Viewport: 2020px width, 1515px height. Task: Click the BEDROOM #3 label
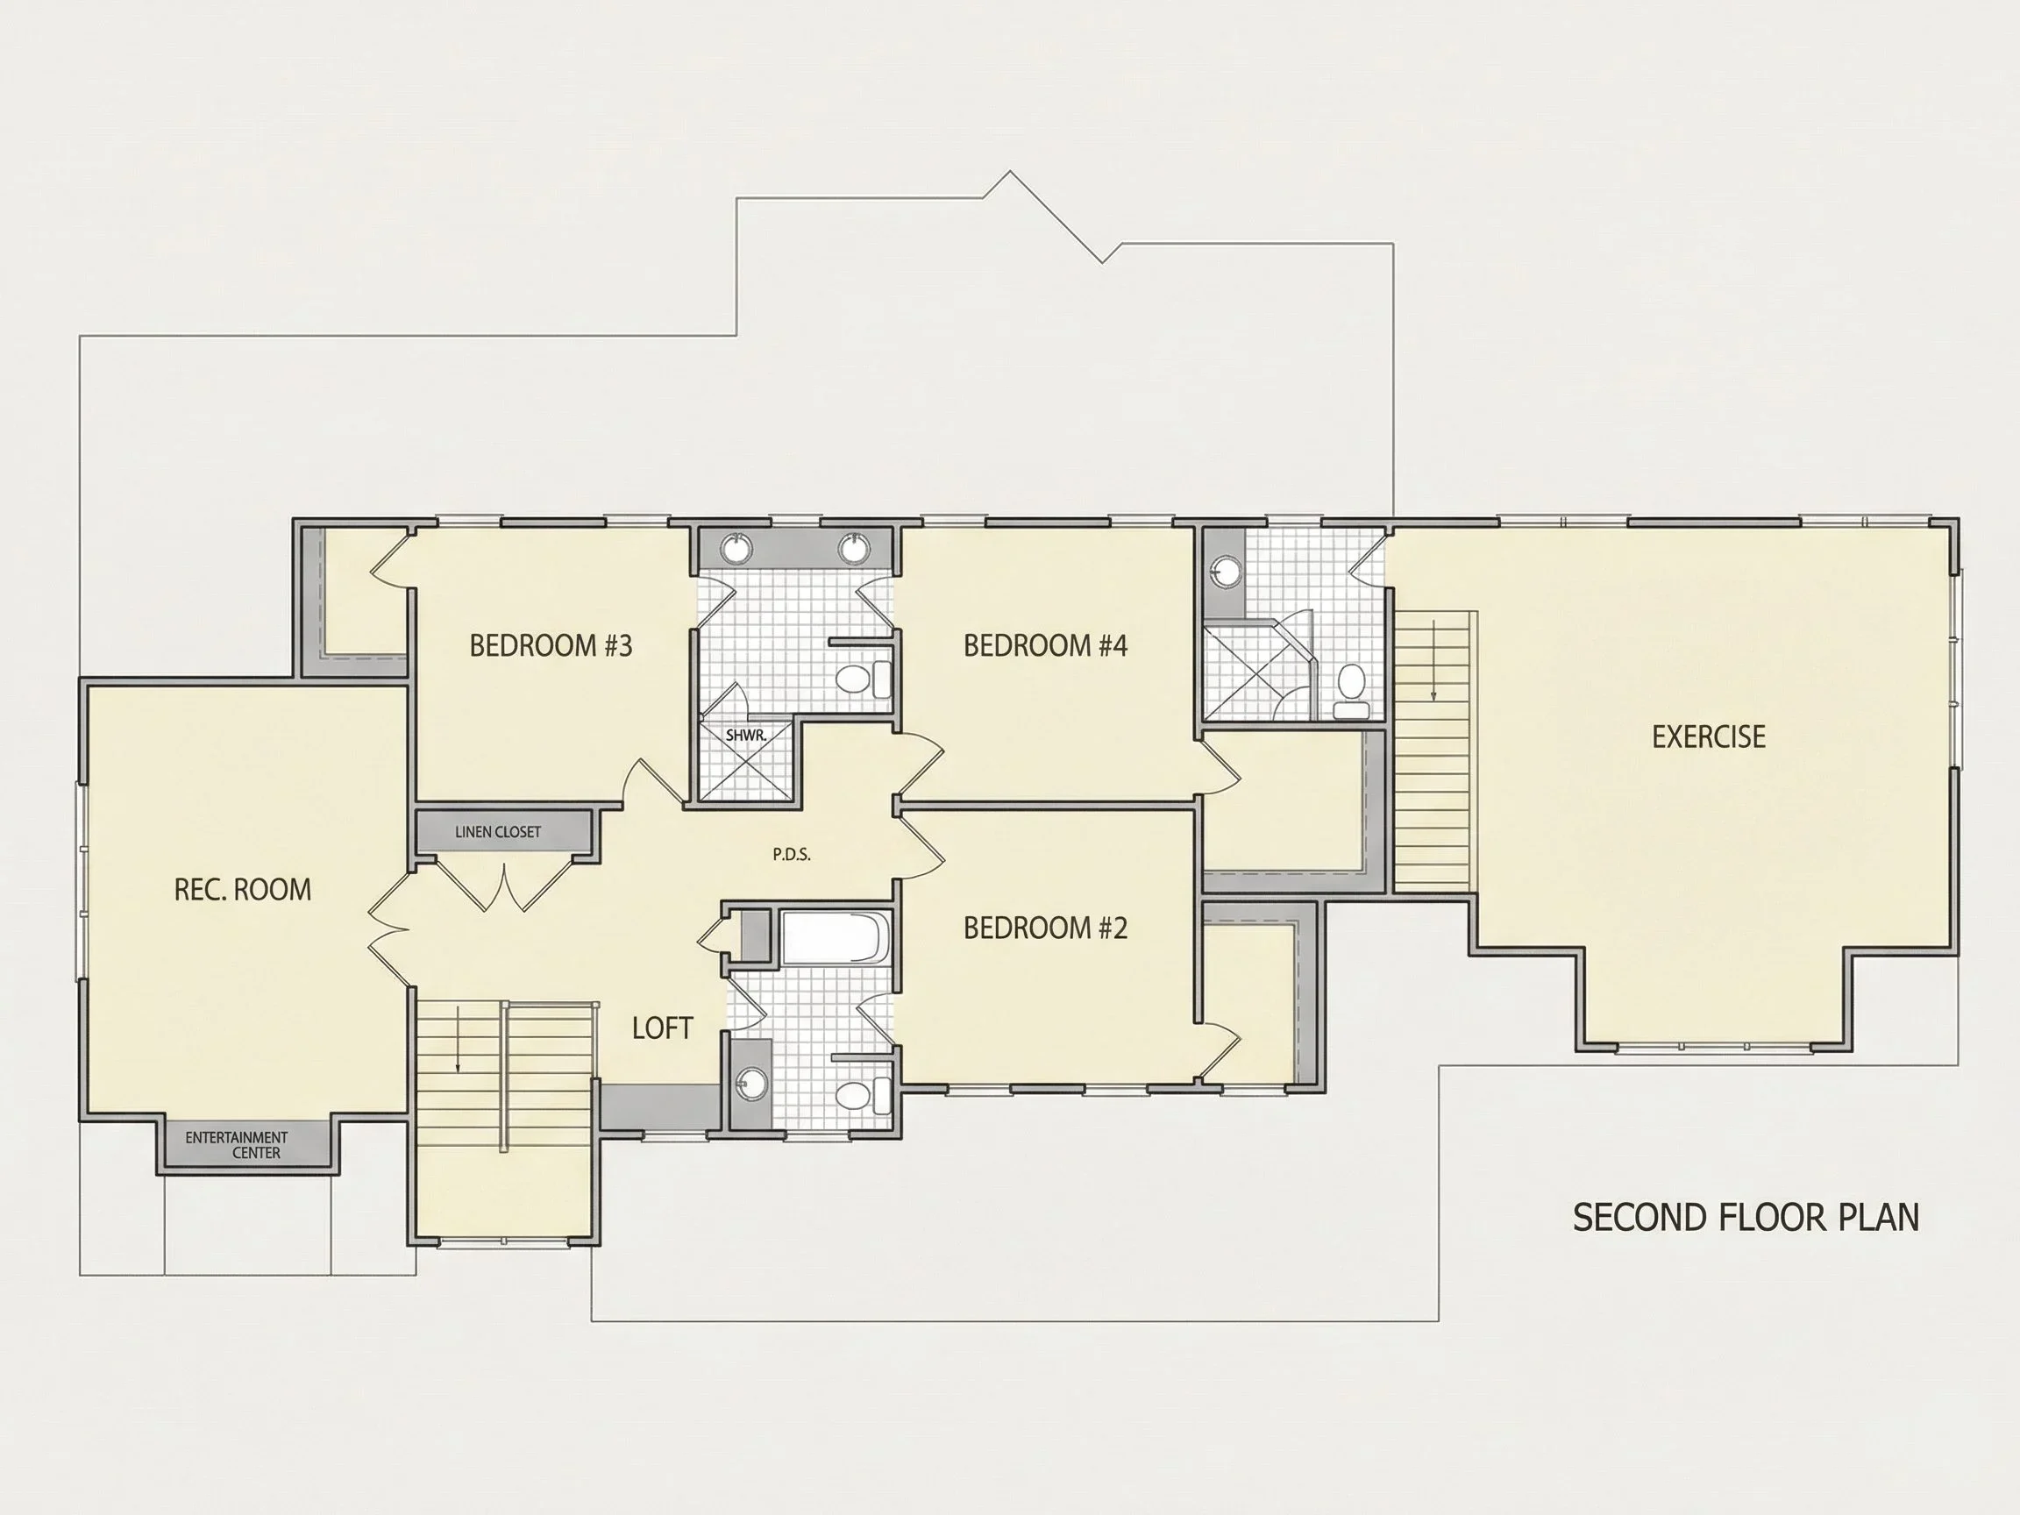point(551,645)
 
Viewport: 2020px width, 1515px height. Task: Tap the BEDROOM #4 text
point(1046,645)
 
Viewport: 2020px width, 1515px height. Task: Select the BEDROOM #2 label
point(1046,928)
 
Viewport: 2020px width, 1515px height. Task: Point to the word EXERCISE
point(1709,736)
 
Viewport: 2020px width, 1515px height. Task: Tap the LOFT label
point(663,1028)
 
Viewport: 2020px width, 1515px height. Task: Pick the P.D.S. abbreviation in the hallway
point(792,855)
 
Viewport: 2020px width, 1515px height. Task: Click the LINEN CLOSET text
point(498,832)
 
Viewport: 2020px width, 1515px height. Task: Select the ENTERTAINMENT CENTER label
point(237,1145)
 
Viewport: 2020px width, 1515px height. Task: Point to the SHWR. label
point(745,734)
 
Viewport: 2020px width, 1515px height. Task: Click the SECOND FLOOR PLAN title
point(1746,1217)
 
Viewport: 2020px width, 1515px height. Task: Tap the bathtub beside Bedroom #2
point(835,937)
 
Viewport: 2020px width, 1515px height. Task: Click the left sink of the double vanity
point(735,549)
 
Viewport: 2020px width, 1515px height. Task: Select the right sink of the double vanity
point(854,549)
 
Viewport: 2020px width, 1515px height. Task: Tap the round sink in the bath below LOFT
point(752,1083)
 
